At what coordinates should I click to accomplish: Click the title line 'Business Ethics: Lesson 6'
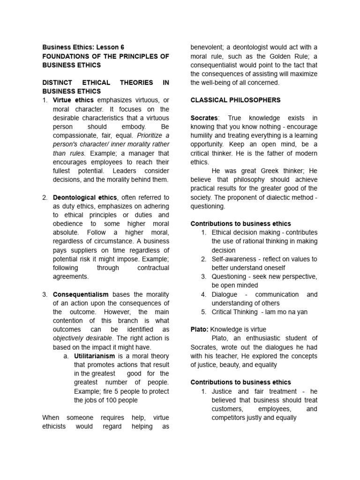tap(83, 47)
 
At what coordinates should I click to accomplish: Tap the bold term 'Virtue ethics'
tap(73, 100)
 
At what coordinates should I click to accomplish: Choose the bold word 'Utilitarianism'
tap(95, 356)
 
